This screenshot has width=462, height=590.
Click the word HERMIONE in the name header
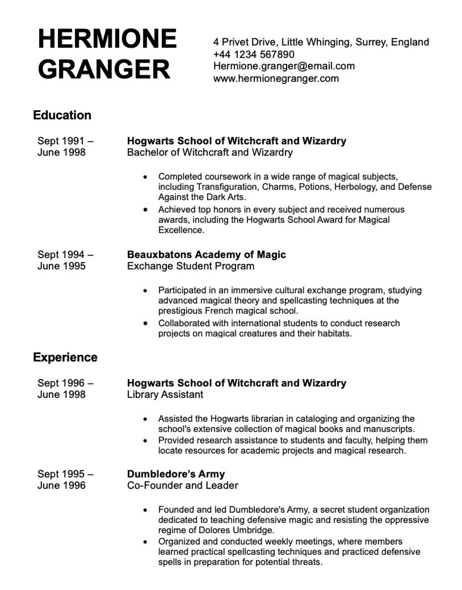[x=107, y=39]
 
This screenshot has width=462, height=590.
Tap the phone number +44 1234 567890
[x=254, y=54]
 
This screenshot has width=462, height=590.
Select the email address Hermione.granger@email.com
[x=284, y=66]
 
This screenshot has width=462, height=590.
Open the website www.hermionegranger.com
[x=276, y=79]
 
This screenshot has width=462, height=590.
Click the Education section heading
[x=62, y=115]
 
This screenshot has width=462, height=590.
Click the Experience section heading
[x=65, y=357]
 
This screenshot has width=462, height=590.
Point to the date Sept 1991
[x=61, y=141]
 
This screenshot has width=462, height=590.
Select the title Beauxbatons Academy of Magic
[x=206, y=255]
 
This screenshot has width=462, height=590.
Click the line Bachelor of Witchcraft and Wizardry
[x=210, y=152]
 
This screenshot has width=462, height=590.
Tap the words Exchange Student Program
[x=191, y=266]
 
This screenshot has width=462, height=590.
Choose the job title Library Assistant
[x=165, y=394]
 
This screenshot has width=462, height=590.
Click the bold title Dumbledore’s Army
[x=176, y=474]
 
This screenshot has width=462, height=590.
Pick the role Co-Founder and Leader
[x=182, y=485]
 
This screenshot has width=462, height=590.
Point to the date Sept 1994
[x=61, y=255]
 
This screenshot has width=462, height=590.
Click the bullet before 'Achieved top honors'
[x=145, y=210]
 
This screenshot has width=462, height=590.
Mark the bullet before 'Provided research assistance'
[x=145, y=441]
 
